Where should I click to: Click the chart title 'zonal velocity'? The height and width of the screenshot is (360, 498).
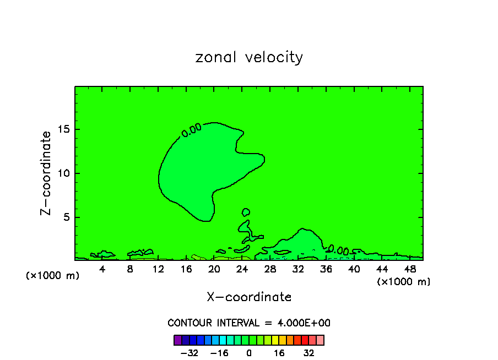pyautogui.click(x=249, y=57)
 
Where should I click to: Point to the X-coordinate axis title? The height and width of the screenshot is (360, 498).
pyautogui.click(x=249, y=297)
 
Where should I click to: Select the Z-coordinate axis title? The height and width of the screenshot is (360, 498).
pyautogui.click(x=46, y=173)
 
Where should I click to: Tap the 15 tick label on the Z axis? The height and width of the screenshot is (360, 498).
pyautogui.click(x=63, y=129)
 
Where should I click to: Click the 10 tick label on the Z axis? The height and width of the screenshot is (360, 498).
pyautogui.click(x=63, y=173)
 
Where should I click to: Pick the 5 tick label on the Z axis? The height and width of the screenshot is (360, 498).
pyautogui.click(x=66, y=217)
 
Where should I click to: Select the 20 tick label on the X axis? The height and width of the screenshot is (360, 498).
pyautogui.click(x=214, y=269)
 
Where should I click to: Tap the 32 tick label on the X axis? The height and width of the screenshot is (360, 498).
pyautogui.click(x=298, y=269)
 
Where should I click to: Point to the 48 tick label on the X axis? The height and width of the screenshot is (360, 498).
pyautogui.click(x=409, y=269)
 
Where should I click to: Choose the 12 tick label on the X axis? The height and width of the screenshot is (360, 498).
pyautogui.click(x=158, y=269)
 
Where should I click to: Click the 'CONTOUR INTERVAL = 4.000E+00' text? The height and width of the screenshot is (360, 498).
pyautogui.click(x=249, y=323)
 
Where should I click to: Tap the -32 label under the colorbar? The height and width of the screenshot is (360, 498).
pyautogui.click(x=189, y=353)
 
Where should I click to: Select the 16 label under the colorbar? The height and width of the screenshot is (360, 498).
pyautogui.click(x=279, y=353)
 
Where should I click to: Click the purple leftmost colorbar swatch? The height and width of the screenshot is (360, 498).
pyautogui.click(x=177, y=340)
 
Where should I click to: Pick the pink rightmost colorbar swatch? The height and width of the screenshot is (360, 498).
pyautogui.click(x=320, y=340)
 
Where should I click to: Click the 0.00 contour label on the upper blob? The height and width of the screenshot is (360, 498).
pyautogui.click(x=192, y=130)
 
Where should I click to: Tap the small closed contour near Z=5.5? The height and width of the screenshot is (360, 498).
pyautogui.click(x=246, y=212)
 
